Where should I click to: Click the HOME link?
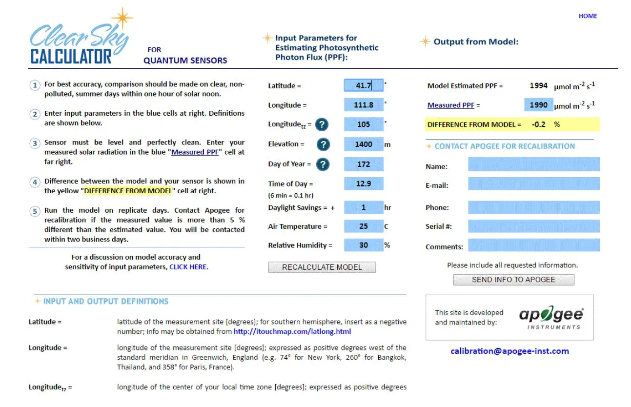tap(588, 16)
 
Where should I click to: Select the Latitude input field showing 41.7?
tap(364, 86)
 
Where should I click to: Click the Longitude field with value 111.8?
tap(364, 105)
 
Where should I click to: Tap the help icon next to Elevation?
tap(323, 144)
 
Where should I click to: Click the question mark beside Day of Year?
tap(323, 164)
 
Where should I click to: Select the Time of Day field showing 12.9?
tap(364, 184)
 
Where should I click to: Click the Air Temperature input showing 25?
tap(364, 226)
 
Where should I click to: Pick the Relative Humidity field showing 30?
tap(364, 245)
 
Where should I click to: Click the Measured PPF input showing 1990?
tap(539, 105)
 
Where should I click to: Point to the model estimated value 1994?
tap(539, 86)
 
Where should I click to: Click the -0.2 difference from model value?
tap(539, 124)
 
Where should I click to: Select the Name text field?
tap(533, 165)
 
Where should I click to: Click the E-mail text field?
tap(533, 184)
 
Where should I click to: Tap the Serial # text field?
tap(533, 226)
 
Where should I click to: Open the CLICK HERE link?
tap(188, 267)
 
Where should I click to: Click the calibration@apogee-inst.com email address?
tap(509, 351)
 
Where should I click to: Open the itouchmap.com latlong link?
tap(292, 332)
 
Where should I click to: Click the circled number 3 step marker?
tap(35, 143)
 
